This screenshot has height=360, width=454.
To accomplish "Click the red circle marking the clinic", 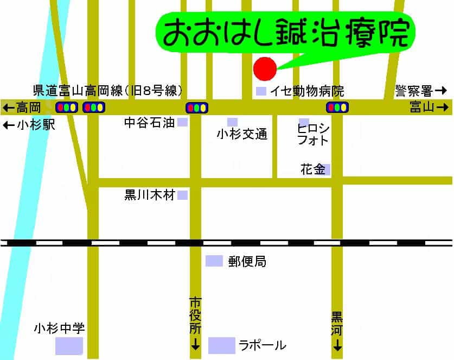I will [265, 68].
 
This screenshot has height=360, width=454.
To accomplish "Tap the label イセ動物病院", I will [307, 91].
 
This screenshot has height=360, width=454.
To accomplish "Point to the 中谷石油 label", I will [149, 123].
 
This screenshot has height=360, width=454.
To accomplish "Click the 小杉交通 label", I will [242, 135].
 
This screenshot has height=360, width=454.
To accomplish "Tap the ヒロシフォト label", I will [313, 134].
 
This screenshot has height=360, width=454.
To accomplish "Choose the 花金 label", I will [312, 169].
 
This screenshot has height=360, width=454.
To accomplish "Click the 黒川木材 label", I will [150, 195].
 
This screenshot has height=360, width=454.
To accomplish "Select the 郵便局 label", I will [247, 262].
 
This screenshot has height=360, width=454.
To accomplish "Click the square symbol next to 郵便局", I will [214, 261].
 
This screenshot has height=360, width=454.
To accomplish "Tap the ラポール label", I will [262, 345].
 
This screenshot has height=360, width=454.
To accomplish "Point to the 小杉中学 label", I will [59, 329].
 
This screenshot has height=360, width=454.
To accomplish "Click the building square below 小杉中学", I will [69, 346].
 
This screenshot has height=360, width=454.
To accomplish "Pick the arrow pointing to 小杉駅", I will [9, 125].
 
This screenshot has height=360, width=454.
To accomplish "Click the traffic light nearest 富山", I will [337, 107].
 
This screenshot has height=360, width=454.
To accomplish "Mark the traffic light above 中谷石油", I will [196, 108].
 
